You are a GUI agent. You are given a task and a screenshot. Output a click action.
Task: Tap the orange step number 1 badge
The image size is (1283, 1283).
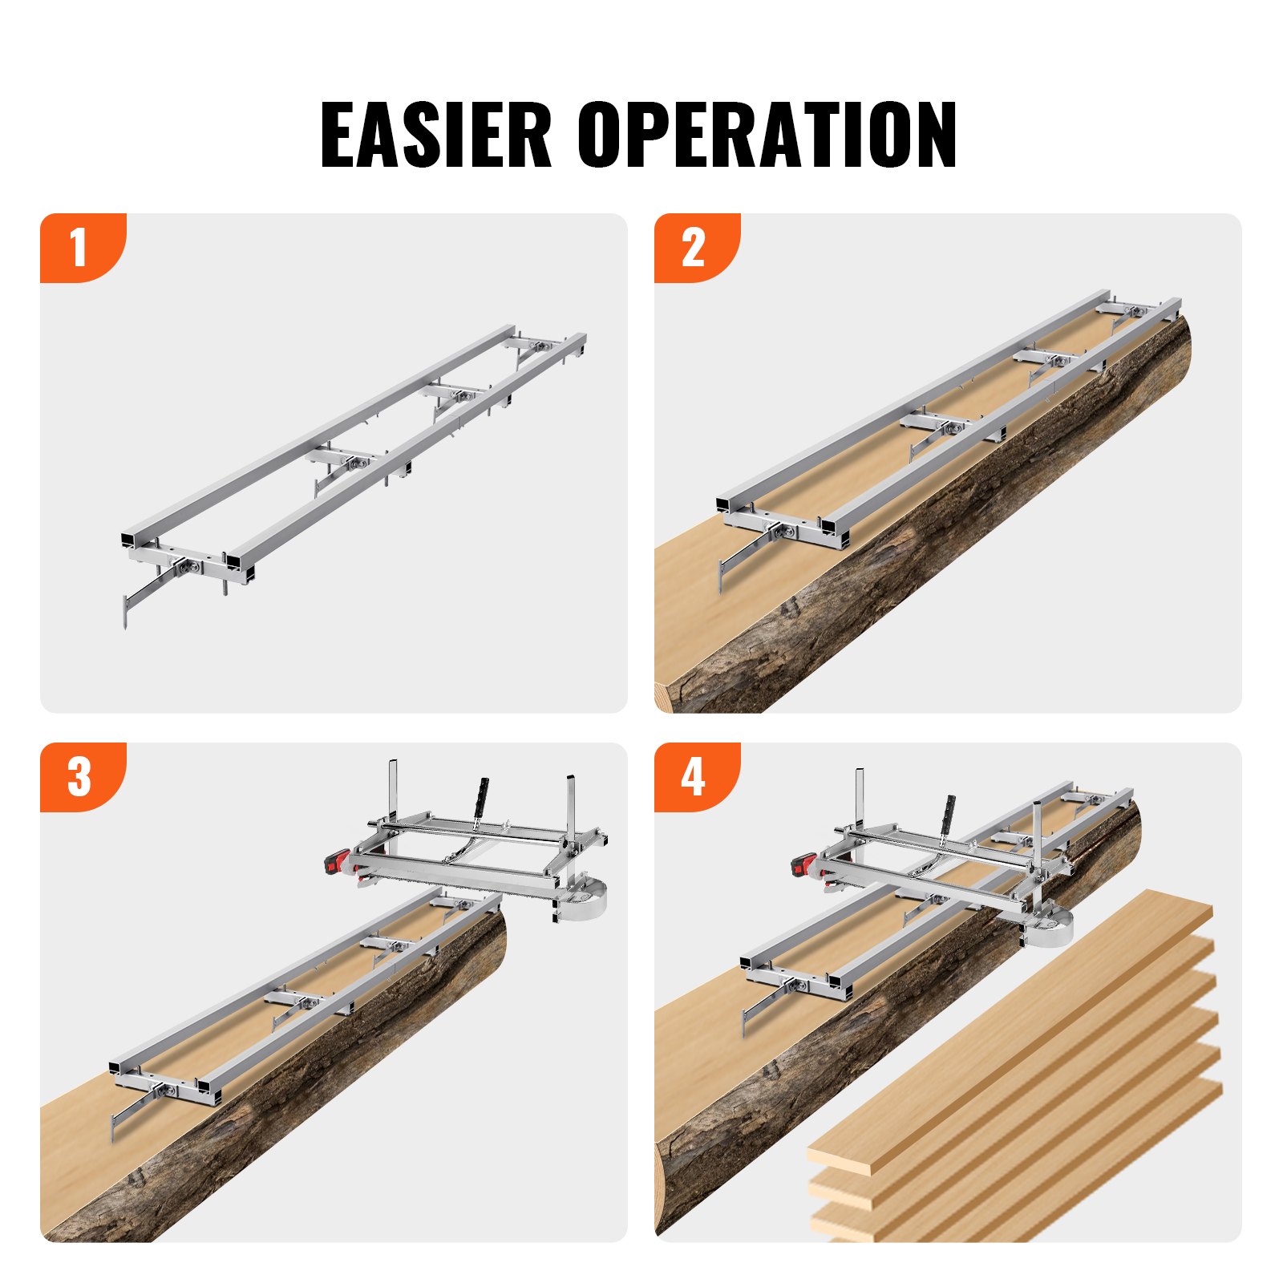79,247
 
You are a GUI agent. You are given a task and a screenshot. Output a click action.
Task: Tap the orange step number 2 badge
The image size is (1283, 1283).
693,247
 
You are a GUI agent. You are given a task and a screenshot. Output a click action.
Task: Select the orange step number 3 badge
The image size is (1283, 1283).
79,776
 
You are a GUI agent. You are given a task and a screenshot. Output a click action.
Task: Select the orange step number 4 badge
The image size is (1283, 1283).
693,776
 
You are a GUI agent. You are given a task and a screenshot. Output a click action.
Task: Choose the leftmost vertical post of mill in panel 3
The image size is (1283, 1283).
393,787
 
